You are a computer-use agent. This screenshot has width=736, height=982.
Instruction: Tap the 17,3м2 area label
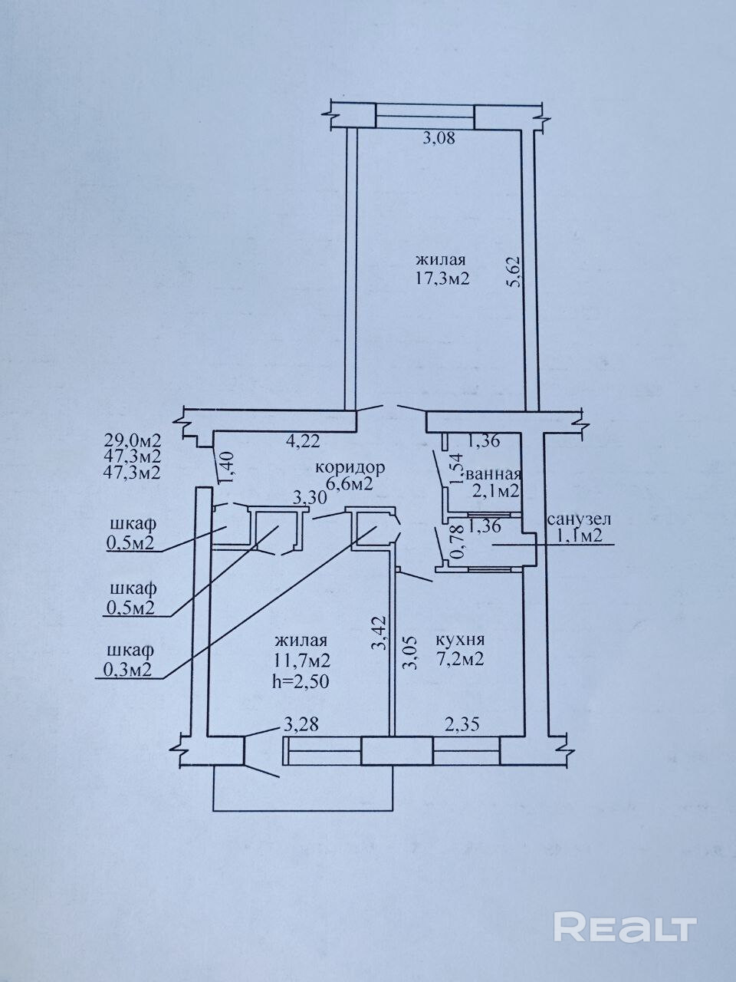tap(442, 279)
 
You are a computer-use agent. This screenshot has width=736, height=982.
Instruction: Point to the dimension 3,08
tap(439, 138)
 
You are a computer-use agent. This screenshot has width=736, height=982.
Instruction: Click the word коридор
tap(350, 468)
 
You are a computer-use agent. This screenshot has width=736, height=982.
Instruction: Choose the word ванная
tap(494, 474)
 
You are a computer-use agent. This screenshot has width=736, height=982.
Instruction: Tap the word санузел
tap(579, 519)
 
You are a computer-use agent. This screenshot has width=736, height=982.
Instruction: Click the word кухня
tap(460, 640)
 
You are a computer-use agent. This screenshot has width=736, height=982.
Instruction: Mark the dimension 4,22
tap(304, 442)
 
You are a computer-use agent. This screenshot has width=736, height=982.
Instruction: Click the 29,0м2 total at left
tap(133, 441)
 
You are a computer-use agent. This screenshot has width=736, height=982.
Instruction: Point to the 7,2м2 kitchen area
tap(460, 660)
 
